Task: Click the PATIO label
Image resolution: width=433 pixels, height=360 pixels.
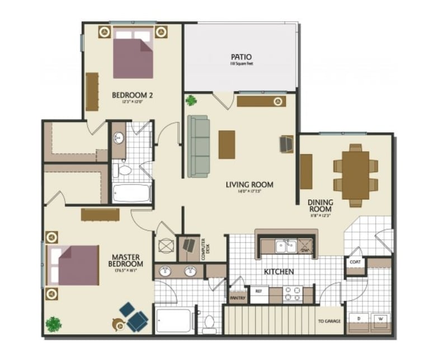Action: pyautogui.click(x=241, y=57)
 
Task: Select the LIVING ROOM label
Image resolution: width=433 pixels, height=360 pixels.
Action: pyautogui.click(x=250, y=184)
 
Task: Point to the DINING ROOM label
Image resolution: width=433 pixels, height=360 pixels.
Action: pyautogui.click(x=320, y=206)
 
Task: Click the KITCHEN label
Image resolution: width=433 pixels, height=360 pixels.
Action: pyautogui.click(x=279, y=272)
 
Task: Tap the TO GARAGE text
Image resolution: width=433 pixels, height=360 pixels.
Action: pyautogui.click(x=329, y=321)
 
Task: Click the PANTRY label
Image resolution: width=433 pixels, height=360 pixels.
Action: pyautogui.click(x=237, y=298)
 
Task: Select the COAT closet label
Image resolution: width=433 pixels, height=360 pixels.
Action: pyautogui.click(x=354, y=262)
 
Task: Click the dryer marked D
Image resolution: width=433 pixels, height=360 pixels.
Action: pyautogui.click(x=359, y=319)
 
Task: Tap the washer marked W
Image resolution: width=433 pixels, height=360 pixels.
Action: pyautogui.click(x=380, y=319)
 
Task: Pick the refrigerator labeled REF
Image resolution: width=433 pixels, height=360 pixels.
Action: pyautogui.click(x=259, y=292)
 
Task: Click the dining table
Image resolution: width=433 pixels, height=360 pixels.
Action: pyautogui.click(x=355, y=174)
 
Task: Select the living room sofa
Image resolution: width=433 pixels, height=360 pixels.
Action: pyautogui.click(x=197, y=145)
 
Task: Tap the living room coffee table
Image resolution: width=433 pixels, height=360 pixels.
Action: pyautogui.click(x=227, y=144)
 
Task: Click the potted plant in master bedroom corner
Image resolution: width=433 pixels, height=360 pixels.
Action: pyautogui.click(x=54, y=324)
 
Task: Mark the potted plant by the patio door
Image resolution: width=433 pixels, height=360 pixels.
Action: pyautogui.click(x=192, y=101)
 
